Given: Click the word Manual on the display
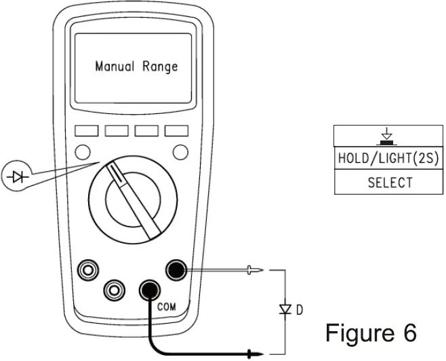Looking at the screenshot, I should coord(116,66).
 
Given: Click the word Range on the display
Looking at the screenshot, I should coord(160,66).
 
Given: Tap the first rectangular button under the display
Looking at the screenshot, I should coord(87,130).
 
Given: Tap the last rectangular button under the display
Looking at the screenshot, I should coord(176,130).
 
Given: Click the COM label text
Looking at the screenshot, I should coord(166,307).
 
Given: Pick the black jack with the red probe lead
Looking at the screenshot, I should coord(176,271).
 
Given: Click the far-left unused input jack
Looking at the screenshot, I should coord(87,271).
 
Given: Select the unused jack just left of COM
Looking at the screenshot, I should coord(114,290).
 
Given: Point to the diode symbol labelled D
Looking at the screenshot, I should coord(285,310).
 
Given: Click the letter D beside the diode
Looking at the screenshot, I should coord(299,310).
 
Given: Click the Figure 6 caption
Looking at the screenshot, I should coord(370,332).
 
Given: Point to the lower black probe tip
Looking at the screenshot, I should coord(255,354).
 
